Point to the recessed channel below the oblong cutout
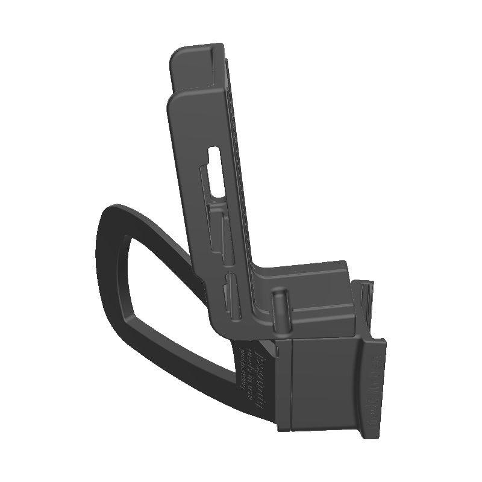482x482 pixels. (217, 223)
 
